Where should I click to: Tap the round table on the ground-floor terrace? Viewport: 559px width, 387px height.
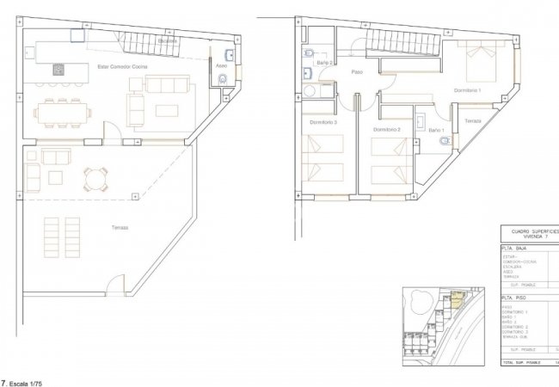pyautogui.click(x=94, y=180)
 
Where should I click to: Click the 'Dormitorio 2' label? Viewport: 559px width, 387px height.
pyautogui.click(x=387, y=129)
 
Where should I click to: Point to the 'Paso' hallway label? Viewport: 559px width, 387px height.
pyautogui.click(x=357, y=83)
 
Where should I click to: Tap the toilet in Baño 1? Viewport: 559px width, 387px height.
pyautogui.click(x=441, y=139)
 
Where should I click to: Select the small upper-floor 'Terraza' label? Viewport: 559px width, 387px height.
pyautogui.click(x=472, y=122)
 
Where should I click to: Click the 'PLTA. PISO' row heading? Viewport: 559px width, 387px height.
pyautogui.click(x=516, y=297)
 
